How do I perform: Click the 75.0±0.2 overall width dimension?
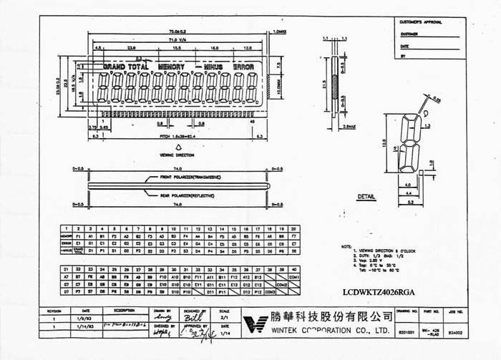[x=177, y=32]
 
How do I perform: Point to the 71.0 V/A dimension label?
[x=177, y=40]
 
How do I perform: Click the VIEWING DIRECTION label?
[x=180, y=154]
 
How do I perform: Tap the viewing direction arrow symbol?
[x=179, y=145]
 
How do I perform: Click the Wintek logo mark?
[x=255, y=323]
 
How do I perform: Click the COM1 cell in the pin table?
[x=293, y=276]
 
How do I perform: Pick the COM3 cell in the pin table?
[x=271, y=291]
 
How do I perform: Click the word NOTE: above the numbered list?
[x=346, y=246]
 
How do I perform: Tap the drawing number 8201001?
[x=405, y=331]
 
